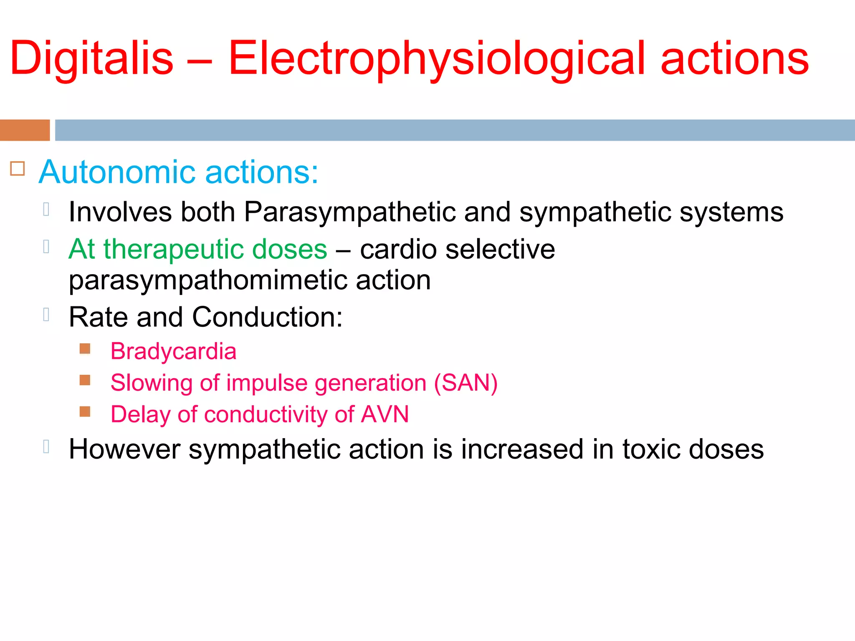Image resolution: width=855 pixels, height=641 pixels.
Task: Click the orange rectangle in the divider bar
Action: coord(25,130)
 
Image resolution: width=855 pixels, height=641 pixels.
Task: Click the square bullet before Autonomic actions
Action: coord(18,169)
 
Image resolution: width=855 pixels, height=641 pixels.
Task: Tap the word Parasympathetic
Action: coord(350,212)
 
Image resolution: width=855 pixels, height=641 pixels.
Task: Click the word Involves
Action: coord(120,212)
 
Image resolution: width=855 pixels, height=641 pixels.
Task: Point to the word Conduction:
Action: coord(267,317)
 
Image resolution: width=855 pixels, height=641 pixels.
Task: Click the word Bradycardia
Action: coord(173,351)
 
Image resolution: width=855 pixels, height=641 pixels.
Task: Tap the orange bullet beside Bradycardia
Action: coord(85,348)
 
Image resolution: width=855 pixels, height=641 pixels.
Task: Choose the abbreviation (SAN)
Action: coord(465,383)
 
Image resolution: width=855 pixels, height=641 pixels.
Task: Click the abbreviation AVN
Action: coord(385,414)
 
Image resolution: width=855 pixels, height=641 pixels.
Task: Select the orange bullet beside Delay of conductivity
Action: coord(85,412)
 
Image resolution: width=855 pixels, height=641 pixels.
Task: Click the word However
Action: coord(124,449)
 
